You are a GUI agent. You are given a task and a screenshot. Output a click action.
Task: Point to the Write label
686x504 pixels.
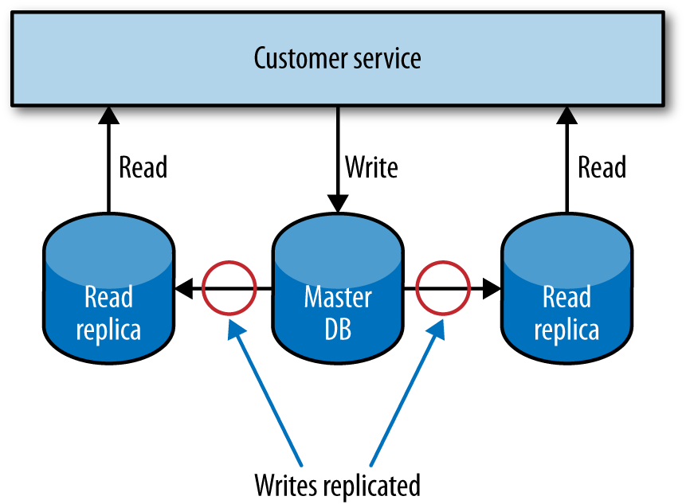tap(370, 168)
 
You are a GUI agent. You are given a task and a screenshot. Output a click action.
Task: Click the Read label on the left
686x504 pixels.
tap(143, 168)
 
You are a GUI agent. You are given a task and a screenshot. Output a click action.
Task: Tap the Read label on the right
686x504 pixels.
tap(602, 168)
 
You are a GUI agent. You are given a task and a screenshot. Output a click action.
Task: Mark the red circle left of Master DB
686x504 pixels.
tap(229, 288)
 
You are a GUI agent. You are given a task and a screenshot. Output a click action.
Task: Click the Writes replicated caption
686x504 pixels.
tap(337, 483)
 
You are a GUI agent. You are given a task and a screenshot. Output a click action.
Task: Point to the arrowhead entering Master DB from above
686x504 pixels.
tap(338, 205)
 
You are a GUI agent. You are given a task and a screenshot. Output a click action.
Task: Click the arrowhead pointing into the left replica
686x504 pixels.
tap(183, 288)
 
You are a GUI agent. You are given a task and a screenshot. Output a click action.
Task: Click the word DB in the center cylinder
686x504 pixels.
tap(338, 327)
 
